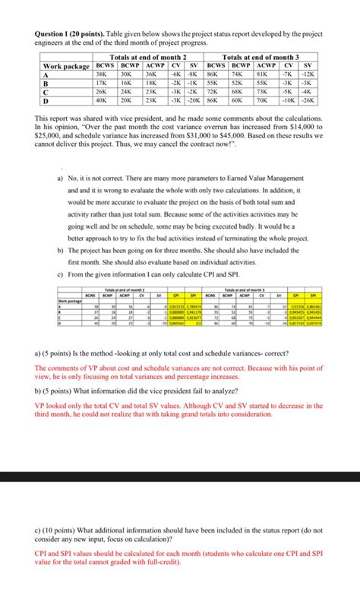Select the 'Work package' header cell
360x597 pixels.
pyautogui.click(x=64, y=67)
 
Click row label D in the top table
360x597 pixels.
pyautogui.click(x=46, y=100)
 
